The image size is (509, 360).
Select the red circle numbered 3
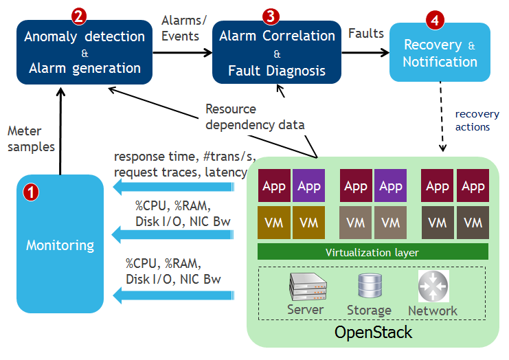[271, 16]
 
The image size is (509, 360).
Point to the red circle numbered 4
[434, 20]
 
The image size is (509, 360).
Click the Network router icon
[433, 286]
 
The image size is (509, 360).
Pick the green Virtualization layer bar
[372, 252]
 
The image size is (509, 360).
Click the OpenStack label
[373, 333]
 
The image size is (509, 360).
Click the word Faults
[366, 33]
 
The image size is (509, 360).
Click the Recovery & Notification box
[440, 54]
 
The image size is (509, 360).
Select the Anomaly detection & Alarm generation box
[84, 53]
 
